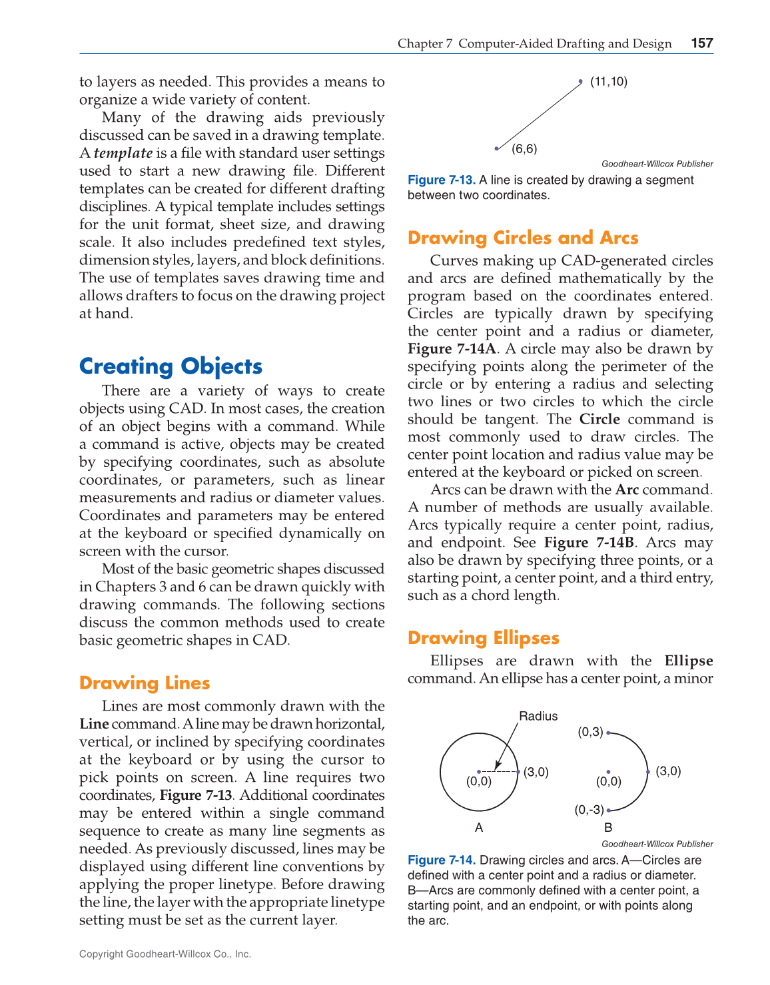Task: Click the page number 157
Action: point(702,43)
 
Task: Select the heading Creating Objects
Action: point(171,366)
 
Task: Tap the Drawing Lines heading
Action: point(145,683)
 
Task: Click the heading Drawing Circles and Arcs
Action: point(523,238)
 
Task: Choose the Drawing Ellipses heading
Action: point(484,638)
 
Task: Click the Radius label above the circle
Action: point(538,717)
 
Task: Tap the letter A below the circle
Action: point(479,828)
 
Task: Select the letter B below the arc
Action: point(608,828)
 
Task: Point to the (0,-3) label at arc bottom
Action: point(589,810)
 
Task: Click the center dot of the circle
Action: point(479,772)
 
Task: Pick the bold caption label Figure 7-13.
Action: point(442,180)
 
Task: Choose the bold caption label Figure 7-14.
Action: point(442,860)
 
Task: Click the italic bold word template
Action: point(123,153)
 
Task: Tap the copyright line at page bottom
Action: point(165,954)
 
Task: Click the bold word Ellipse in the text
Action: point(689,661)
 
